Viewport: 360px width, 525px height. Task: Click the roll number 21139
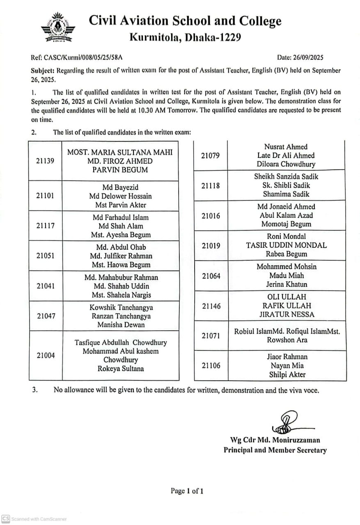click(45, 161)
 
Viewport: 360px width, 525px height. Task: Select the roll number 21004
click(46, 356)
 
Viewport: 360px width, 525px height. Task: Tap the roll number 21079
click(211, 155)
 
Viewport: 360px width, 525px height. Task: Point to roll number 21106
click(211, 366)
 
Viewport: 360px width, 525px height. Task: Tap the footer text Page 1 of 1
click(187, 491)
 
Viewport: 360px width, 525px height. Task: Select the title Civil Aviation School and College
click(185, 21)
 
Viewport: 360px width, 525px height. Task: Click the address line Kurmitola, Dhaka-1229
click(185, 37)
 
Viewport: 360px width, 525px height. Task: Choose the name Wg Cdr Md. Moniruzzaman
click(275, 440)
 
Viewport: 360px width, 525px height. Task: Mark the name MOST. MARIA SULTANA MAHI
click(120, 153)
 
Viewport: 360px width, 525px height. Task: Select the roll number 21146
click(211, 306)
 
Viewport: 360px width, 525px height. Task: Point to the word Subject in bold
click(43, 71)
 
